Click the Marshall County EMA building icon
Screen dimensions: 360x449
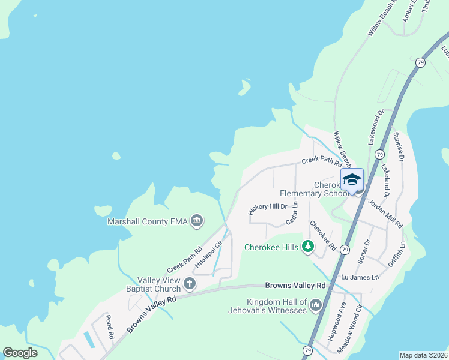click(197, 221)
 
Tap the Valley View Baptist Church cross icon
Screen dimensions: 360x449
click(190, 283)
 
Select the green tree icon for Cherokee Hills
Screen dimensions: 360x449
click(308, 247)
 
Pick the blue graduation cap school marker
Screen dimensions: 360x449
click(352, 179)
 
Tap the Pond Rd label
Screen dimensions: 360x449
click(110, 327)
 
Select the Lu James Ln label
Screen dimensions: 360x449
click(360, 277)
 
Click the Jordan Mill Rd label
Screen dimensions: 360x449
click(385, 214)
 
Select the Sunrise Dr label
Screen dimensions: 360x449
click(397, 146)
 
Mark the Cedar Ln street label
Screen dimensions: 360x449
click(292, 214)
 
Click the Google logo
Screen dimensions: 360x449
click(20, 353)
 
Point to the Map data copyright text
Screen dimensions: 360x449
click(423, 355)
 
